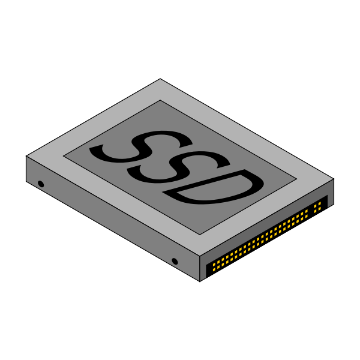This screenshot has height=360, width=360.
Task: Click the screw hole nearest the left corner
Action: (x=41, y=184)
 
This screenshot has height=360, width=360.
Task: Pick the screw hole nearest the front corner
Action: (x=175, y=261)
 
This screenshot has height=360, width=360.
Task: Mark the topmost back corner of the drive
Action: (x=160, y=79)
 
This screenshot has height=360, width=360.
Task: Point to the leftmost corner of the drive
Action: (x=27, y=157)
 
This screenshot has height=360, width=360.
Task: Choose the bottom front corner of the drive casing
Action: (x=199, y=280)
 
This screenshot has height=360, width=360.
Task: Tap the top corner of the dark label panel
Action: (x=160, y=100)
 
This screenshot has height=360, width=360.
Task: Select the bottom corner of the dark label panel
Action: (x=200, y=234)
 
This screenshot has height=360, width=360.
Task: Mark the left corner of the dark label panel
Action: (x=64, y=157)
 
